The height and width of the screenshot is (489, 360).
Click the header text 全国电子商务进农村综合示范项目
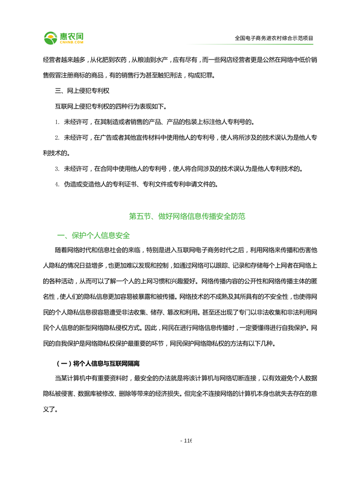(x=274, y=39)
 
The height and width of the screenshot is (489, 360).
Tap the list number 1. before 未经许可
(x=57, y=122)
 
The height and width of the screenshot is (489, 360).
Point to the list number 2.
(x=57, y=137)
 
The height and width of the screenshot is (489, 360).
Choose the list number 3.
(x=57, y=169)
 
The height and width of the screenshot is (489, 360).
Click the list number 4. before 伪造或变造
(x=57, y=184)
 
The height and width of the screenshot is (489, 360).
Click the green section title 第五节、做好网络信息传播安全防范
(x=187, y=217)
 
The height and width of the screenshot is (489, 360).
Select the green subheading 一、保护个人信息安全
(x=93, y=236)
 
